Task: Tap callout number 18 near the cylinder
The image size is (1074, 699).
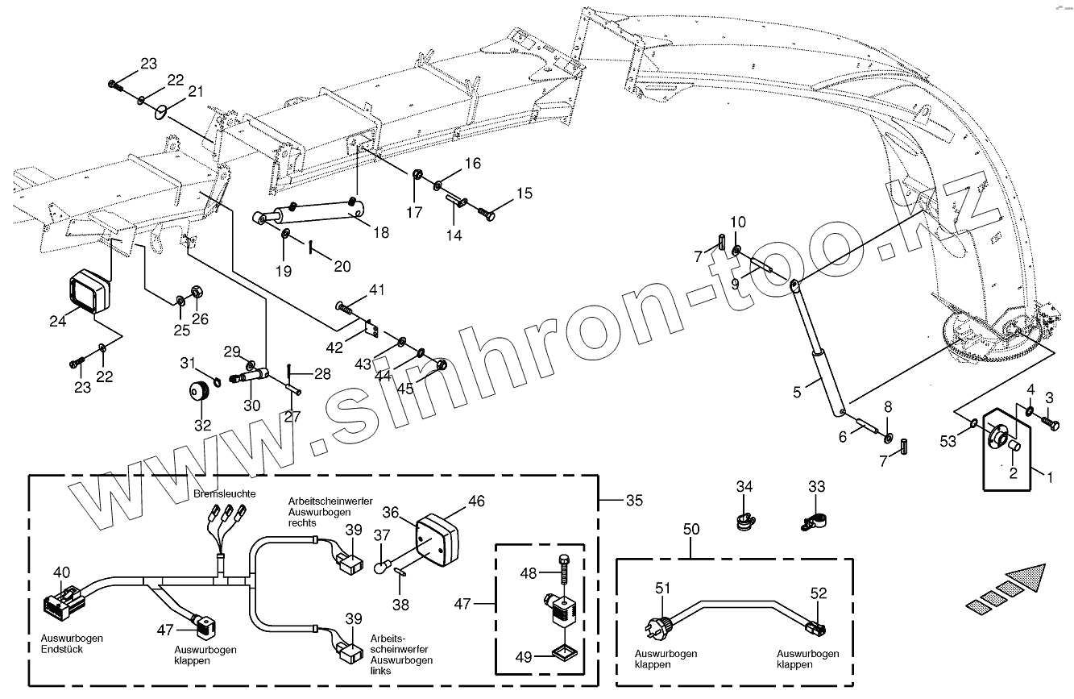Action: (x=381, y=233)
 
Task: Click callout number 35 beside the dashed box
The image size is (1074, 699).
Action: (x=635, y=501)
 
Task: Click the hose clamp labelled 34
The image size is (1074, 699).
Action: (x=745, y=520)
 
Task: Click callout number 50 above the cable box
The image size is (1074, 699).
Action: (x=691, y=530)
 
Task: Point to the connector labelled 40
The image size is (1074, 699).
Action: (x=63, y=604)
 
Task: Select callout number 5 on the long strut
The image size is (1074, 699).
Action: (x=797, y=393)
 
